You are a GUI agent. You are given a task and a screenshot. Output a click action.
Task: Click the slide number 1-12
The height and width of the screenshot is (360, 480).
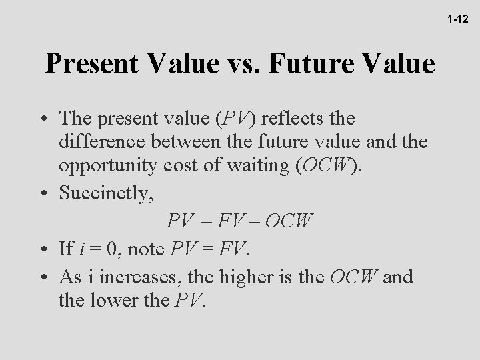[458, 21]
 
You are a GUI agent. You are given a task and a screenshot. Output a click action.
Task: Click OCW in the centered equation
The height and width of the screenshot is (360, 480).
[288, 220]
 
